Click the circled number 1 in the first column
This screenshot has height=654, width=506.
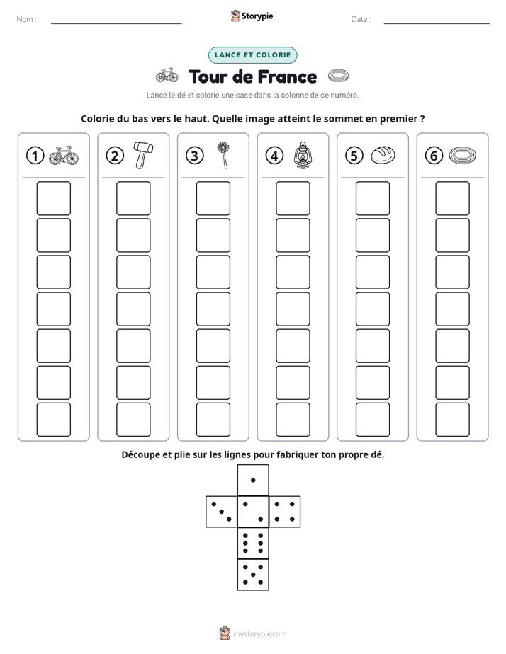click(35, 156)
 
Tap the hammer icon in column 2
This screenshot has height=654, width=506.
click(143, 155)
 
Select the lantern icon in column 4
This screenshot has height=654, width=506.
click(303, 155)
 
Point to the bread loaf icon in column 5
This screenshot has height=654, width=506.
click(383, 155)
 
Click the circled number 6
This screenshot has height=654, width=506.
click(434, 156)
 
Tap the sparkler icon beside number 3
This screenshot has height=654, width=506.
click(224, 155)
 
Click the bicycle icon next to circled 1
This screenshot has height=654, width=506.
click(64, 155)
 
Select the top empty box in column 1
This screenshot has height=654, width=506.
click(53, 198)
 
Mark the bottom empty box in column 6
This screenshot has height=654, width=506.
click(453, 420)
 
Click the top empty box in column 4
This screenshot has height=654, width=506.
click(293, 198)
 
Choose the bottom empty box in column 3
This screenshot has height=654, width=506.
click(213, 420)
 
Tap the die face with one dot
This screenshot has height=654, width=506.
click(253, 481)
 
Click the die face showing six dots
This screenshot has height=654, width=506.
click(253, 543)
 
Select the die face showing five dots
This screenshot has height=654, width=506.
click(253, 575)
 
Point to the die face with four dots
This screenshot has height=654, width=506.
click(285, 512)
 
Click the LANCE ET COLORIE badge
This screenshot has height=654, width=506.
click(252, 55)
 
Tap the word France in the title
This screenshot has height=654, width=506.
click(286, 76)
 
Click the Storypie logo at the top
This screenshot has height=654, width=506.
click(252, 16)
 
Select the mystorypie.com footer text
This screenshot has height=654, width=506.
click(259, 634)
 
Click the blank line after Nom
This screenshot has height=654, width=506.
click(116, 23)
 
